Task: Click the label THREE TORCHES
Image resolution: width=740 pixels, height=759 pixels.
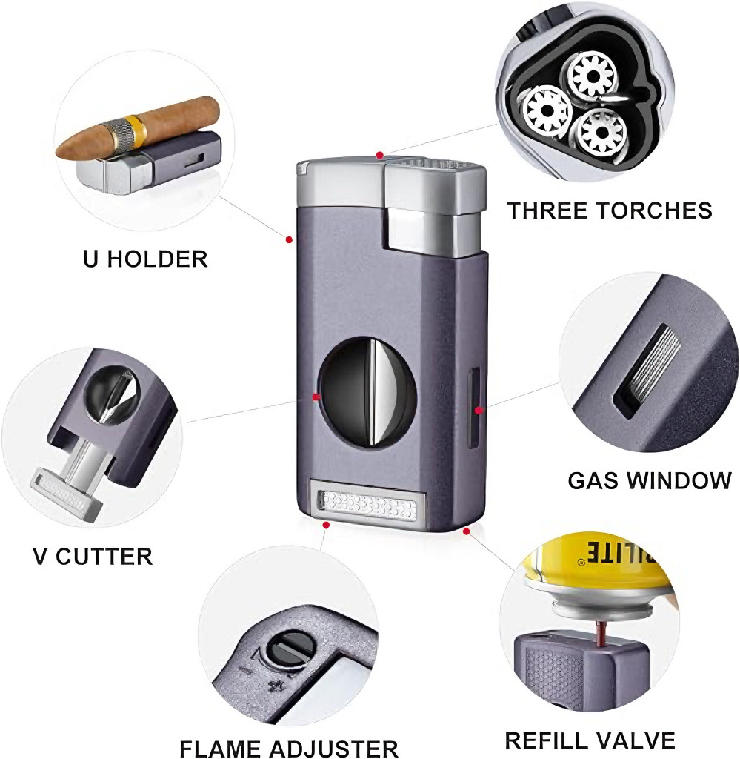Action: coord(609,210)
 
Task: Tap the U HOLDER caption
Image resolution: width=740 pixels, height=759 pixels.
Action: coord(144,259)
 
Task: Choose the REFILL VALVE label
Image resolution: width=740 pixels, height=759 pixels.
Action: coord(590,740)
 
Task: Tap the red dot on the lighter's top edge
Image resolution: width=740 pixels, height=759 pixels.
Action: coord(380,156)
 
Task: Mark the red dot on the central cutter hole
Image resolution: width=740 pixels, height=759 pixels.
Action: coord(316,397)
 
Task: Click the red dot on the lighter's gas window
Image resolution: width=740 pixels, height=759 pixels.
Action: coord(479,409)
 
